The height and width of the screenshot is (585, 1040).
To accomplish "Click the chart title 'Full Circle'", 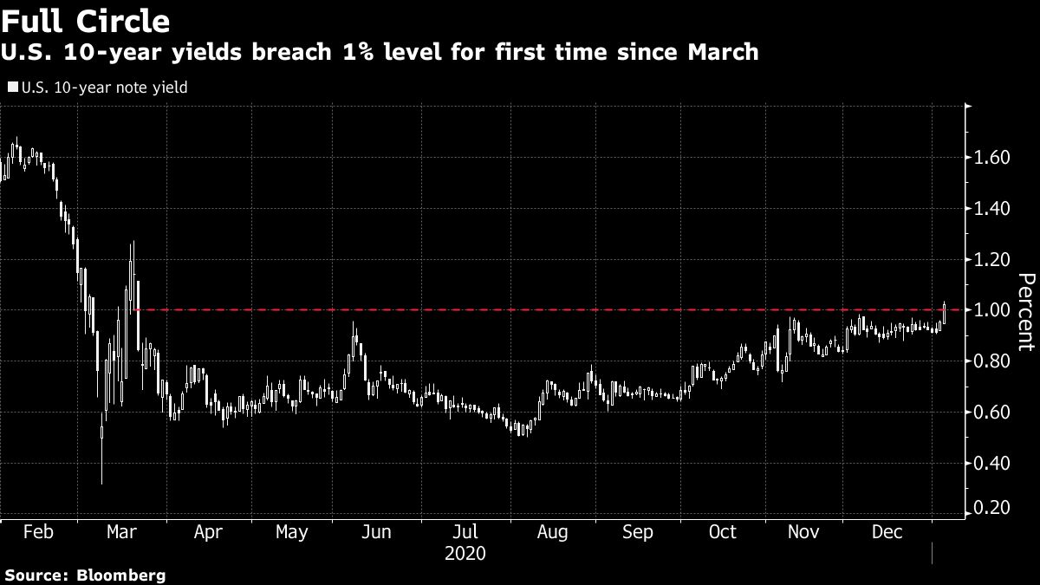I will point(85,20).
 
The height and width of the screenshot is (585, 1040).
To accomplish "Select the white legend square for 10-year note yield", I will point(11,88).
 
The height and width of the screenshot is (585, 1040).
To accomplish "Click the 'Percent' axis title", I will point(1026,312).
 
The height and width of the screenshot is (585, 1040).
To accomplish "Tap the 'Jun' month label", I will point(375,532).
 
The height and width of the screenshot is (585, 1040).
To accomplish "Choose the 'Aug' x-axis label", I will point(551,532).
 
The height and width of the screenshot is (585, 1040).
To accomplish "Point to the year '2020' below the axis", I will point(465,553).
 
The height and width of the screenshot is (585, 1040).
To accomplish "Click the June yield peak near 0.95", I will point(354,326).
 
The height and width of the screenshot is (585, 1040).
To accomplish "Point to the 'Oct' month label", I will point(722,532).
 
